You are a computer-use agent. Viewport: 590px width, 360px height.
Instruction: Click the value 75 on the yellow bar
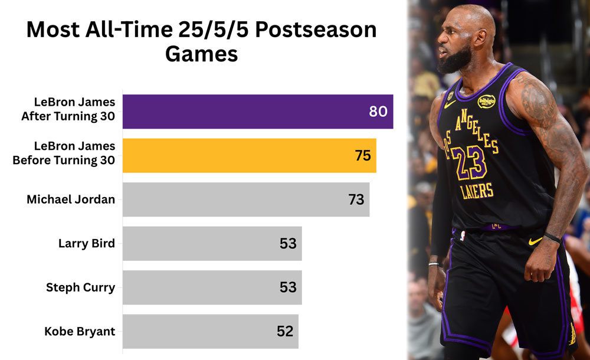point(362,156)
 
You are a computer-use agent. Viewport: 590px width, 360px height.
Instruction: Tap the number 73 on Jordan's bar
point(356,199)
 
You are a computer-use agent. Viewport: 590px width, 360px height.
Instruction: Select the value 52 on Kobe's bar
point(284,332)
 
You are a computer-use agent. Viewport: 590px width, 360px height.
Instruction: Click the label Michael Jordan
point(71,199)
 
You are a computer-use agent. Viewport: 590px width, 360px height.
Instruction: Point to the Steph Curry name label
point(80,287)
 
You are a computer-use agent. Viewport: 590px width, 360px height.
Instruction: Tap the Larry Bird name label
point(86,243)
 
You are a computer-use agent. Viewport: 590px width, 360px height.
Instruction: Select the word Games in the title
point(201,54)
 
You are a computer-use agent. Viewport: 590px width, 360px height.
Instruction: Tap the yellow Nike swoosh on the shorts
point(535,241)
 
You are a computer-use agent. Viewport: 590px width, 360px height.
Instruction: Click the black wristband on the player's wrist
point(552,238)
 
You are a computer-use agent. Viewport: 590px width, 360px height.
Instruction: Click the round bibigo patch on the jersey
point(486,102)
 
